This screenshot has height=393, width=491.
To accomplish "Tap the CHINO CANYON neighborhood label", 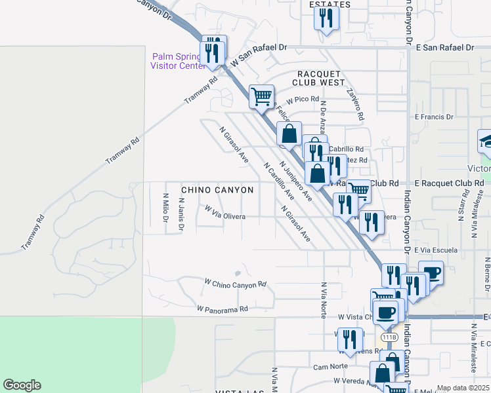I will [217, 190].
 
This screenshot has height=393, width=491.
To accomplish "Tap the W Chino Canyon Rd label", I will [235, 284].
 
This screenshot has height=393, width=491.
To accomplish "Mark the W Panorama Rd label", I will [222, 309].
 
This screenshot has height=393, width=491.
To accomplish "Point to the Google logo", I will [22, 385].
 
